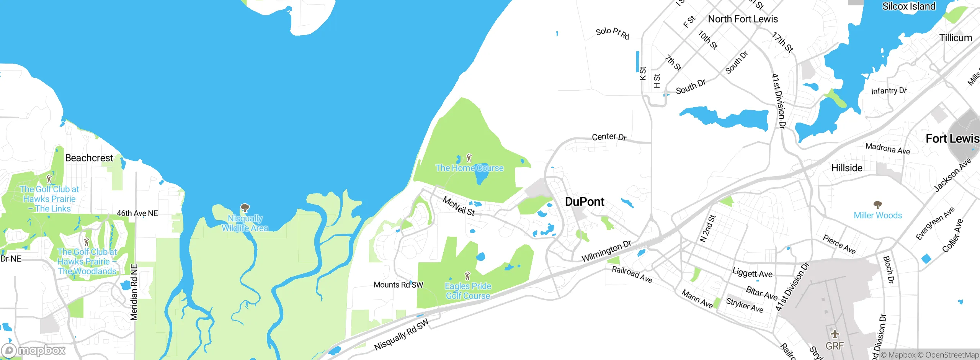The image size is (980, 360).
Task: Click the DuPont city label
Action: click(585, 202)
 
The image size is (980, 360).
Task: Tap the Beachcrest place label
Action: click(89, 158)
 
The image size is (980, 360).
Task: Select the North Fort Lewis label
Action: click(743, 19)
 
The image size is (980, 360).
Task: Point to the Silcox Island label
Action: click(908, 7)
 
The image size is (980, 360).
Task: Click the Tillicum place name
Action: click(955, 38)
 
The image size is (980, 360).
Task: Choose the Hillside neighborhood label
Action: click(847, 168)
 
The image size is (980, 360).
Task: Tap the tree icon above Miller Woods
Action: click(877, 205)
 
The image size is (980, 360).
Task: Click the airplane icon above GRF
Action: click(835, 334)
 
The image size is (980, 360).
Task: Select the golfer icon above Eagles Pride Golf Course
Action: click(467, 276)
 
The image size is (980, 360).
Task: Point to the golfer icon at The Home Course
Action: click(469, 158)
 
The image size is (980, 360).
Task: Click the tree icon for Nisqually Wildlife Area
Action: click(245, 208)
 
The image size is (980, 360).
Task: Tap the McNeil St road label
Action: click(459, 206)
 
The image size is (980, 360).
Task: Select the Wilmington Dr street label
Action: click(606, 251)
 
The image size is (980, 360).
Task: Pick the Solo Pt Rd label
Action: click(612, 33)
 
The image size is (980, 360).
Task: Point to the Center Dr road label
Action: click(609, 137)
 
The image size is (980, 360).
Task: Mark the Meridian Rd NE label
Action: click(134, 292)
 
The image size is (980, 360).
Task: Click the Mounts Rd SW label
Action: click(398, 285)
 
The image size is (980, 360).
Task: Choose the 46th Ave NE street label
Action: click(137, 213)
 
